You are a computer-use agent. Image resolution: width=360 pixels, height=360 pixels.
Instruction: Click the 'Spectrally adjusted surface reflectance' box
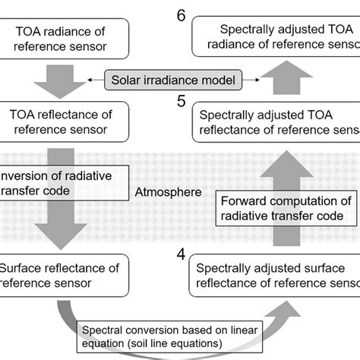pos(273,275)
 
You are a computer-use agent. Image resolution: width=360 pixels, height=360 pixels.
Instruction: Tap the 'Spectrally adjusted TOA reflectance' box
pos(273,122)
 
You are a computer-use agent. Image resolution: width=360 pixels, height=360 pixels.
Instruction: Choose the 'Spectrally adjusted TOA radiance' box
pos(273,39)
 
